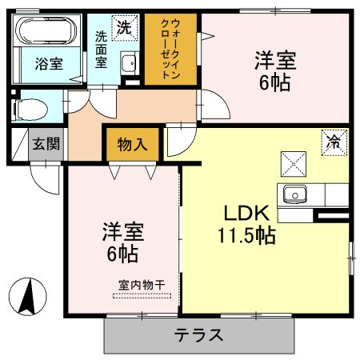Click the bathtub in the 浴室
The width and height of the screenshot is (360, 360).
pyautogui.click(x=46, y=34)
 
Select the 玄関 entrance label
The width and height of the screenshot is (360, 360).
pyautogui.click(x=44, y=145)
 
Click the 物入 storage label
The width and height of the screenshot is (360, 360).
pyautogui.click(x=131, y=146)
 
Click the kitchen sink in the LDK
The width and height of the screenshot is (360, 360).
pyautogui.click(x=293, y=194)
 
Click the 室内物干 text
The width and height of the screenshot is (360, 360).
pyautogui.click(x=142, y=284)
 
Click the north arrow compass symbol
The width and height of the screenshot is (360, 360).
pyautogui.click(x=28, y=297)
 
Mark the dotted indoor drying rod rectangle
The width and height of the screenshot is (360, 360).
pyautogui.click(x=142, y=294)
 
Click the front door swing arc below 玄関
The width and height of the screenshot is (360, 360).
pyautogui.click(x=45, y=178)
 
